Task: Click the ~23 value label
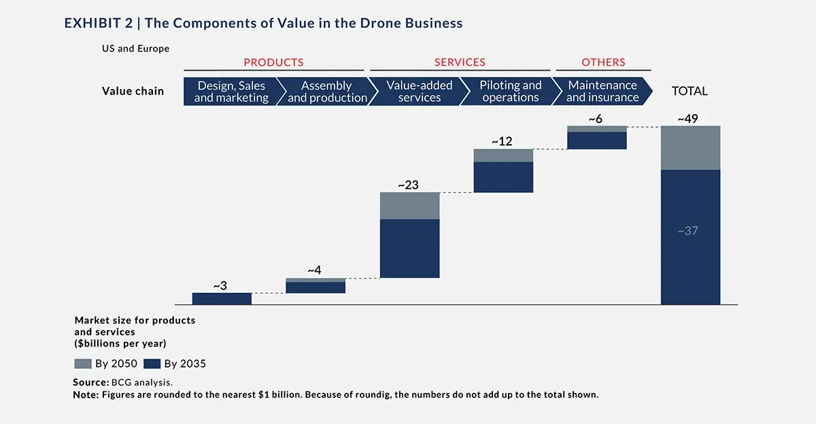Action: [409, 184]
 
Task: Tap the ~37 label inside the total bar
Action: [688, 231]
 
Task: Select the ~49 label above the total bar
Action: [690, 119]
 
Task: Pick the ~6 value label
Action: [596, 119]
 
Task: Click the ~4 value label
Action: [314, 270]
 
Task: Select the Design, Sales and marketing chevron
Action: [230, 92]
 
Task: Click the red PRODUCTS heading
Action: [273, 63]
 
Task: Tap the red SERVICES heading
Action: [460, 63]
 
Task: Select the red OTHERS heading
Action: [603, 63]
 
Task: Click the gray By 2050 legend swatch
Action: [82, 364]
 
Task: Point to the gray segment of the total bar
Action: [690, 147]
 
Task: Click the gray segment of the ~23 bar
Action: [409, 205]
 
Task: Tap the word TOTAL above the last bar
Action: [690, 91]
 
